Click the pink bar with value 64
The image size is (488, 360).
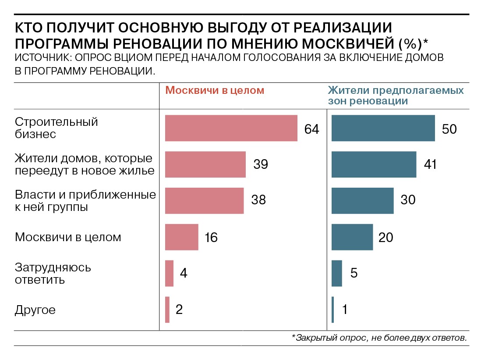click(x=231, y=128)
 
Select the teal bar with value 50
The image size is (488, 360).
click(x=383, y=128)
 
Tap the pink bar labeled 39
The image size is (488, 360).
click(x=205, y=164)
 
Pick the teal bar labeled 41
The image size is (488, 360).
click(x=374, y=164)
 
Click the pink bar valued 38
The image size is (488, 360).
click(x=204, y=201)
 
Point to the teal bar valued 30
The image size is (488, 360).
click(x=362, y=201)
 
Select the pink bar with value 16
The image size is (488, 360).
click(x=181, y=237)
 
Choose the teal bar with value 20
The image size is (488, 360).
click(x=352, y=237)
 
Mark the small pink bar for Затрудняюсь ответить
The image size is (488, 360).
click(x=169, y=273)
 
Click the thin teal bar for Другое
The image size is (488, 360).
click(x=333, y=310)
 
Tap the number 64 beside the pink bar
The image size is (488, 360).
click(x=312, y=129)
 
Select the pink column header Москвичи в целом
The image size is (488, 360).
click(x=215, y=90)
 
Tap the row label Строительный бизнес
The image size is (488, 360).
click(x=57, y=128)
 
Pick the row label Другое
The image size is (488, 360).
click(x=35, y=310)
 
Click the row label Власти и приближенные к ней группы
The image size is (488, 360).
click(x=85, y=200)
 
